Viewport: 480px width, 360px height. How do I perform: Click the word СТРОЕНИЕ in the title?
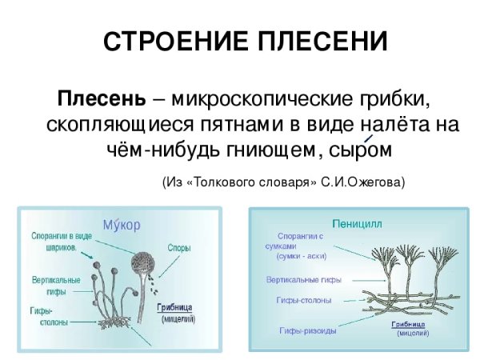pos(166,42)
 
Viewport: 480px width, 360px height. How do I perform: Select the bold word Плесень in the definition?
pos(100,102)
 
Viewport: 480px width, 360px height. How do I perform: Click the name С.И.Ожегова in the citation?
pos(363,182)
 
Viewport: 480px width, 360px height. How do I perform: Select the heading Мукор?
pos(121,225)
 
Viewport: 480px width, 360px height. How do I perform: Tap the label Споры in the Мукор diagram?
pos(178,249)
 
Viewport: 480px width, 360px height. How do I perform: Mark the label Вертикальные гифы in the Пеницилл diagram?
pos(303,280)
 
